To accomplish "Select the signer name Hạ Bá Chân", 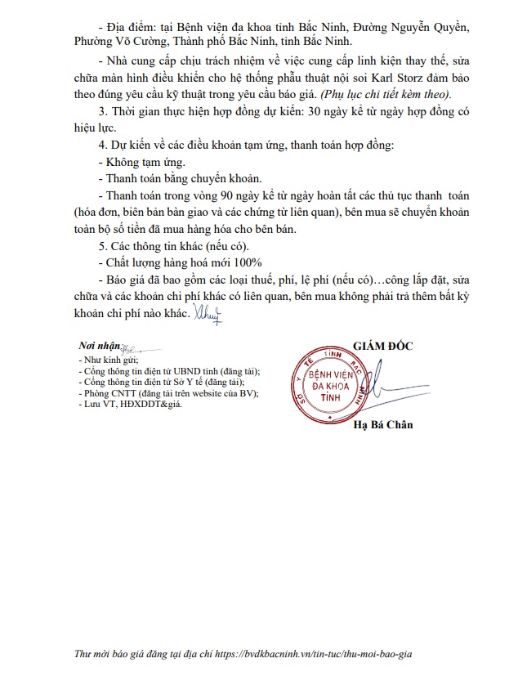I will click(x=383, y=424).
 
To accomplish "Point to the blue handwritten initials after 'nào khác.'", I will click(x=206, y=311).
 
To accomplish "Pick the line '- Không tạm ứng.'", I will click(x=140, y=163).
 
